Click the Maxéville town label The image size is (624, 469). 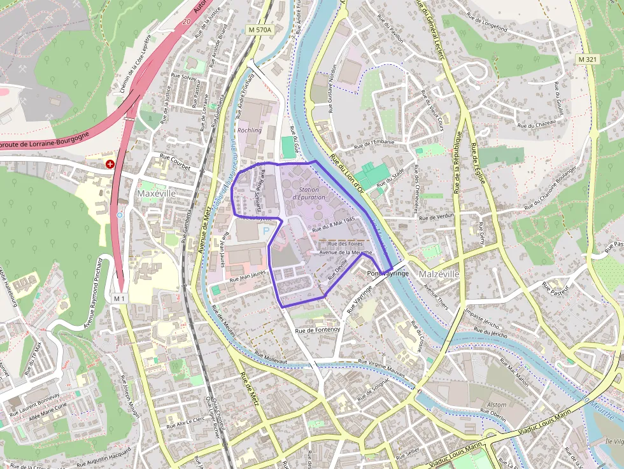coord(157,192)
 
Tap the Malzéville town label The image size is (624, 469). coord(439,274)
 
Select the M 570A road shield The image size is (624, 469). coord(260,30)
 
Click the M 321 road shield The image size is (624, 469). coord(590,59)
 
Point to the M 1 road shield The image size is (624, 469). coord(120,298)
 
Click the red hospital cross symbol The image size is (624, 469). coord(111,164)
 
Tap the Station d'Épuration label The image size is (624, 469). coord(308,193)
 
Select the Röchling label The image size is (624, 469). coord(249,130)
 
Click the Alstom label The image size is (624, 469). coord(496,405)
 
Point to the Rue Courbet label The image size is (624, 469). coord(174,163)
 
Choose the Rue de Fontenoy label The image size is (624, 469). coord(318,330)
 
